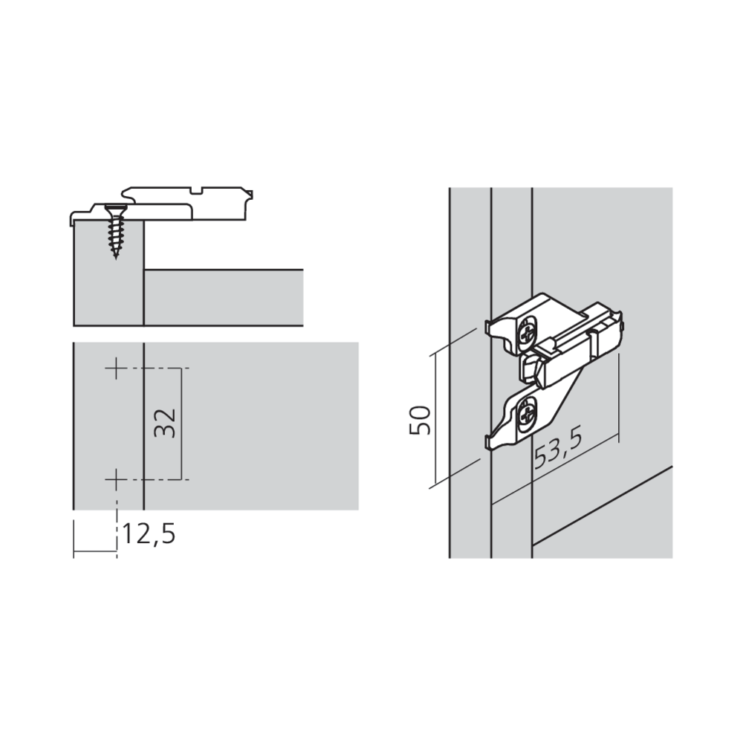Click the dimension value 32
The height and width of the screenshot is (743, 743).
click(166, 424)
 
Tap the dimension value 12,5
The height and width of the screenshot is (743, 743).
click(149, 534)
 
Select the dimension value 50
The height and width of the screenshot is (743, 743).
click(420, 420)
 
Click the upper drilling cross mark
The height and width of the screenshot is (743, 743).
click(116, 369)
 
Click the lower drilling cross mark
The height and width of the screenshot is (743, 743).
click(116, 480)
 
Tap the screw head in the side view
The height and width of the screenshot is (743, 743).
click(116, 207)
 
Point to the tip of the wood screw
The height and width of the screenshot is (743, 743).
click(116, 259)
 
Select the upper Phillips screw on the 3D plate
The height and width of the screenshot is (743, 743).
click(528, 334)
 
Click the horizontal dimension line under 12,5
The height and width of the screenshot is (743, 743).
click(95, 551)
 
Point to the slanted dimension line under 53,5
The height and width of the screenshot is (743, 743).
click(555, 468)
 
